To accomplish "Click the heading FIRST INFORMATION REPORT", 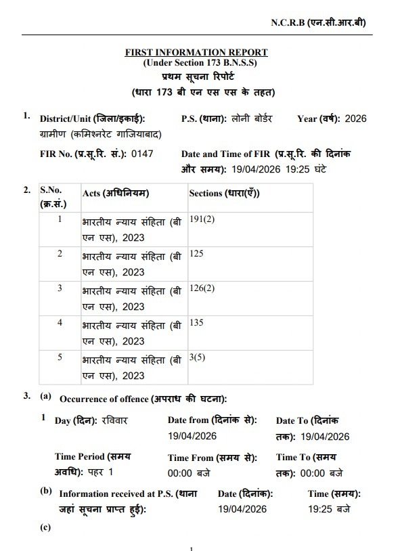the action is pos(196,52).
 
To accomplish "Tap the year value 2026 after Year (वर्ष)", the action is pos(355,118).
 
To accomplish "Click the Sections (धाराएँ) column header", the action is pos(224,193).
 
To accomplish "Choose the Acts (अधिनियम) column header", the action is pos(116,193).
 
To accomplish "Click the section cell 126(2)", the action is pos(202,288).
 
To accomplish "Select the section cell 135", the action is pos(196,322).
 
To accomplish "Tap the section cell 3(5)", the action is pos(197,356).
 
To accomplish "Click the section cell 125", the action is pos(196,255).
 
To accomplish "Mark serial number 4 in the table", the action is pos(60,322).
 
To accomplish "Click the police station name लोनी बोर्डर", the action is pos(250,118).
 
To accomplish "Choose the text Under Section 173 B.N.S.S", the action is pos(196,62).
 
